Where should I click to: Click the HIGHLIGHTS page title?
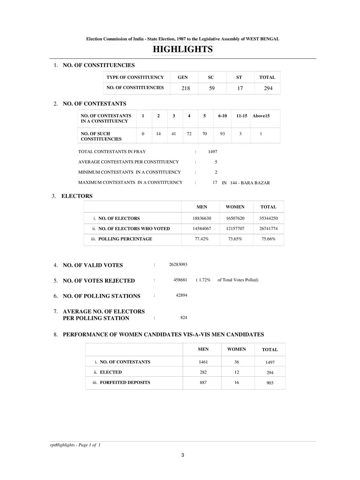[182, 50]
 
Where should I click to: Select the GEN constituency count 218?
[186, 88]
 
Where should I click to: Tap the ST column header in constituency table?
[239, 78]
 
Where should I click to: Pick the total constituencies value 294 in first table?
[268, 88]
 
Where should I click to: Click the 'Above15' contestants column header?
[261, 116]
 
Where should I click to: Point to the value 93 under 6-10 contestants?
[222, 134]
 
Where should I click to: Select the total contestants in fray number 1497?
[212, 152]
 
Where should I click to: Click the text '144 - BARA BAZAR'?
[250, 183]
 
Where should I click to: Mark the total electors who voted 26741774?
[268, 229]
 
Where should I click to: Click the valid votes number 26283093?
[178, 265]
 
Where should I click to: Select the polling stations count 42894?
[181, 295]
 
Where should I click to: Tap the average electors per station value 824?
[184, 318]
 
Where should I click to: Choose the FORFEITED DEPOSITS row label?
[125, 382]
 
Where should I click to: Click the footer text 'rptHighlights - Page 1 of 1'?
[72, 445]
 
